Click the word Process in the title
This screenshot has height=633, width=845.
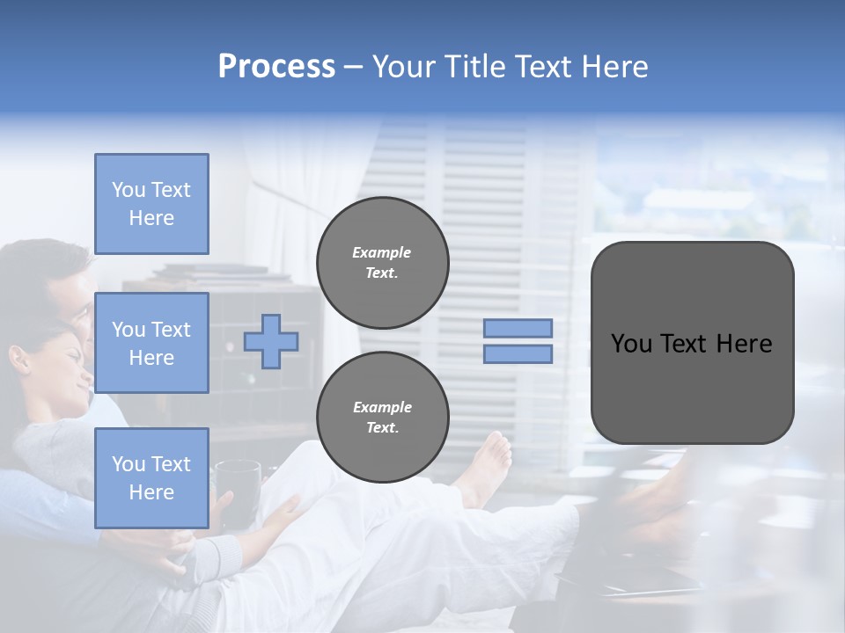[276, 67]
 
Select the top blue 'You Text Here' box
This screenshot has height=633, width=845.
[151, 204]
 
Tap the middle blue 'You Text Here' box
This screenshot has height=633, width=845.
[151, 343]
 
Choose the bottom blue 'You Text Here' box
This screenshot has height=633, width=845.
[151, 478]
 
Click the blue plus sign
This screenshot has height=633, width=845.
[271, 342]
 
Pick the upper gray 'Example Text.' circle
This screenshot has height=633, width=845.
[383, 263]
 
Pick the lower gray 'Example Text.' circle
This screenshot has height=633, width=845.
[383, 418]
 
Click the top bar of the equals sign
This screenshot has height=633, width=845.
[518, 329]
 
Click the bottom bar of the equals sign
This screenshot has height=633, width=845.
[518, 354]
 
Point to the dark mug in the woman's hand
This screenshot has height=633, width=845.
[238, 488]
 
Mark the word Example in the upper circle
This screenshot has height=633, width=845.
[382, 252]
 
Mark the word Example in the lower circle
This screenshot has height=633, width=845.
[382, 407]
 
